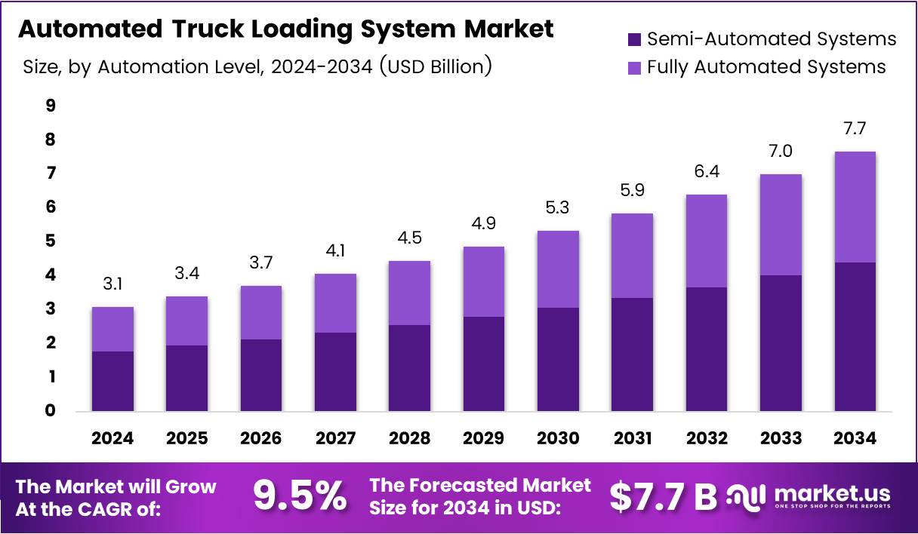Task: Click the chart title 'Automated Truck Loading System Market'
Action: click(x=285, y=29)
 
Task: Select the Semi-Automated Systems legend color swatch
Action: click(x=634, y=38)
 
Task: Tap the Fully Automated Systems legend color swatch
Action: click(x=634, y=67)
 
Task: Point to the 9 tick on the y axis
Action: click(x=51, y=106)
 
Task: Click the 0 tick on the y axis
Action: click(x=51, y=411)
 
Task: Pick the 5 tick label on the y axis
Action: click(x=51, y=241)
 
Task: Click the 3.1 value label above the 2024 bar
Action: click(x=112, y=284)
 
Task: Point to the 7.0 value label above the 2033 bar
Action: click(x=781, y=152)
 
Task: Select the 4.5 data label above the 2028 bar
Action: click(x=409, y=238)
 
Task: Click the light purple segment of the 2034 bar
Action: click(x=855, y=207)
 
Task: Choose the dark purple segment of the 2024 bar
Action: click(x=112, y=381)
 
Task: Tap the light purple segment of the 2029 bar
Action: click(x=483, y=281)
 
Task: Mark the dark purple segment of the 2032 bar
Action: click(x=706, y=348)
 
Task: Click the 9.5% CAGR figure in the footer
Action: click(x=300, y=496)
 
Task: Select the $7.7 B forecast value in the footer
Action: click(x=663, y=496)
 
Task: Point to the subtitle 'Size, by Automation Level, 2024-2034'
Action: click(x=257, y=67)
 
